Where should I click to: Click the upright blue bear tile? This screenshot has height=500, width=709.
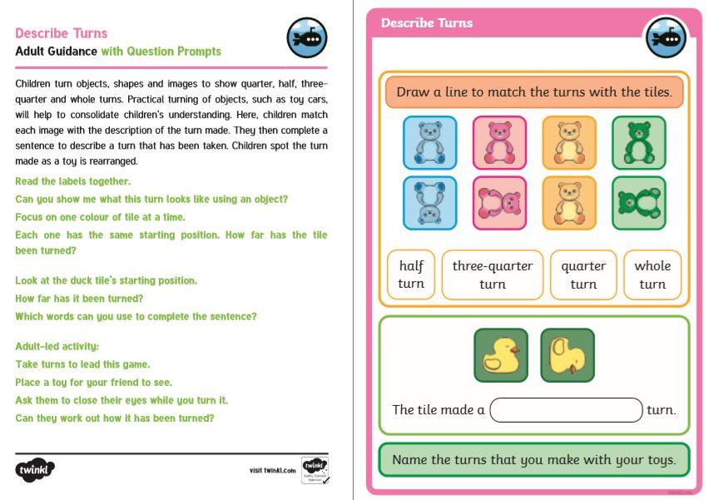coord(429,142)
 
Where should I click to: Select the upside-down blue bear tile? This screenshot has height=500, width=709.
coord(429,202)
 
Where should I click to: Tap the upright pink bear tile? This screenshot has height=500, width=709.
coord(499,142)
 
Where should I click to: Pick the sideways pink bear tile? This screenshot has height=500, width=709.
coord(499,202)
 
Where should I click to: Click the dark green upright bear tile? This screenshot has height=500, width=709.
coord(638,142)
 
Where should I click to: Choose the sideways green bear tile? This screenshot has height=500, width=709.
coord(638,202)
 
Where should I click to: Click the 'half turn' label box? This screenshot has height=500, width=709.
coord(411,275)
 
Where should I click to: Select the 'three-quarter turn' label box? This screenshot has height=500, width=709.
coord(493,275)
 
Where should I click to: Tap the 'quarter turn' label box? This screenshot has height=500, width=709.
coord(583,275)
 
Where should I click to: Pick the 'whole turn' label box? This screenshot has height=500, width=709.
coord(652,275)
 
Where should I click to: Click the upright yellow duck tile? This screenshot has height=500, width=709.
coord(500,355)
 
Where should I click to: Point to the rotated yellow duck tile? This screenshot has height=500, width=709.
coord(568,355)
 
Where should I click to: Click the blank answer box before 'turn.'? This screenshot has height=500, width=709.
coord(567,410)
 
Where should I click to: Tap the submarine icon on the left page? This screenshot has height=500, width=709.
coord(307,38)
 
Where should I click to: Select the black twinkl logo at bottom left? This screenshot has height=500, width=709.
coord(35,470)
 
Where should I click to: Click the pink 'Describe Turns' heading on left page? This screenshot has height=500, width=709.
coord(62,33)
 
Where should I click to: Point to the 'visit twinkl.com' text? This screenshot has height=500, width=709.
coord(272,471)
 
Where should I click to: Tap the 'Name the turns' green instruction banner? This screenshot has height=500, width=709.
coord(533,459)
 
